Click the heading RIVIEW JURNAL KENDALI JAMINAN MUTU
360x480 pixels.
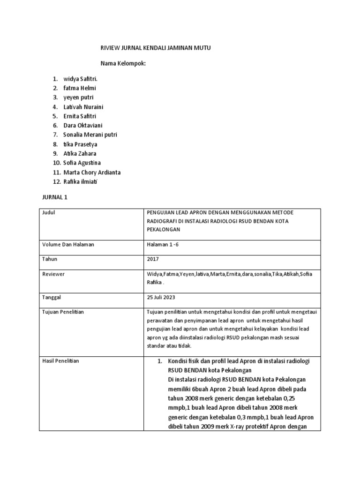click(x=153, y=48)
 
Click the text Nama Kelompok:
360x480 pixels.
click(x=124, y=63)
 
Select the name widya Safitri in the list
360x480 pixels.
click(x=81, y=78)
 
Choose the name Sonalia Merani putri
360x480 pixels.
click(x=90, y=135)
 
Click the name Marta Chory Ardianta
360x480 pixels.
click(x=92, y=172)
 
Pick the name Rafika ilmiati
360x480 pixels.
click(x=82, y=181)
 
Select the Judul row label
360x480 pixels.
click(x=49, y=212)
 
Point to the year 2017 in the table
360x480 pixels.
click(x=153, y=259)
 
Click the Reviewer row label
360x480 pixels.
click(x=53, y=274)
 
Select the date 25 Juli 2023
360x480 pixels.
click(x=162, y=297)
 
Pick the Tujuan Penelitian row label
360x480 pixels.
click(x=63, y=312)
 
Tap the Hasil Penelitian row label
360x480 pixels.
click(x=60, y=361)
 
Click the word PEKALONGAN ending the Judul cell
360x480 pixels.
click(x=164, y=230)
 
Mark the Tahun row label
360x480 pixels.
click(x=50, y=259)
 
